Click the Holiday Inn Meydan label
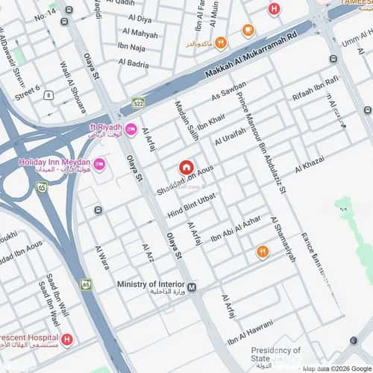point(54,163)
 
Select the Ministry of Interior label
point(151,284)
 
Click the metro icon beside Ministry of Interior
point(192,287)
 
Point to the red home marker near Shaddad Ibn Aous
point(186,168)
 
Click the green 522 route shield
point(138,103)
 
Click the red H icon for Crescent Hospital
point(67,340)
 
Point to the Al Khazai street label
point(310,165)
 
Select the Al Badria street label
point(133,64)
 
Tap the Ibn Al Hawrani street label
point(251,333)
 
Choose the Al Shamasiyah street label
point(283,239)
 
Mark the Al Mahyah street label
point(140,34)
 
